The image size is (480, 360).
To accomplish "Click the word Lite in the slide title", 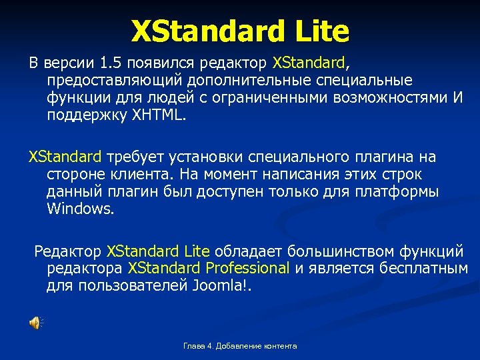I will pyautogui.click(x=319, y=31).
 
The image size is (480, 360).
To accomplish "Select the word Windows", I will pyautogui.click(x=80, y=208).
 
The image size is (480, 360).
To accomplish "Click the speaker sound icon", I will pyautogui.click(x=35, y=323).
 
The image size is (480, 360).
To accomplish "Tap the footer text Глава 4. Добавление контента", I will pyautogui.click(x=240, y=346).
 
